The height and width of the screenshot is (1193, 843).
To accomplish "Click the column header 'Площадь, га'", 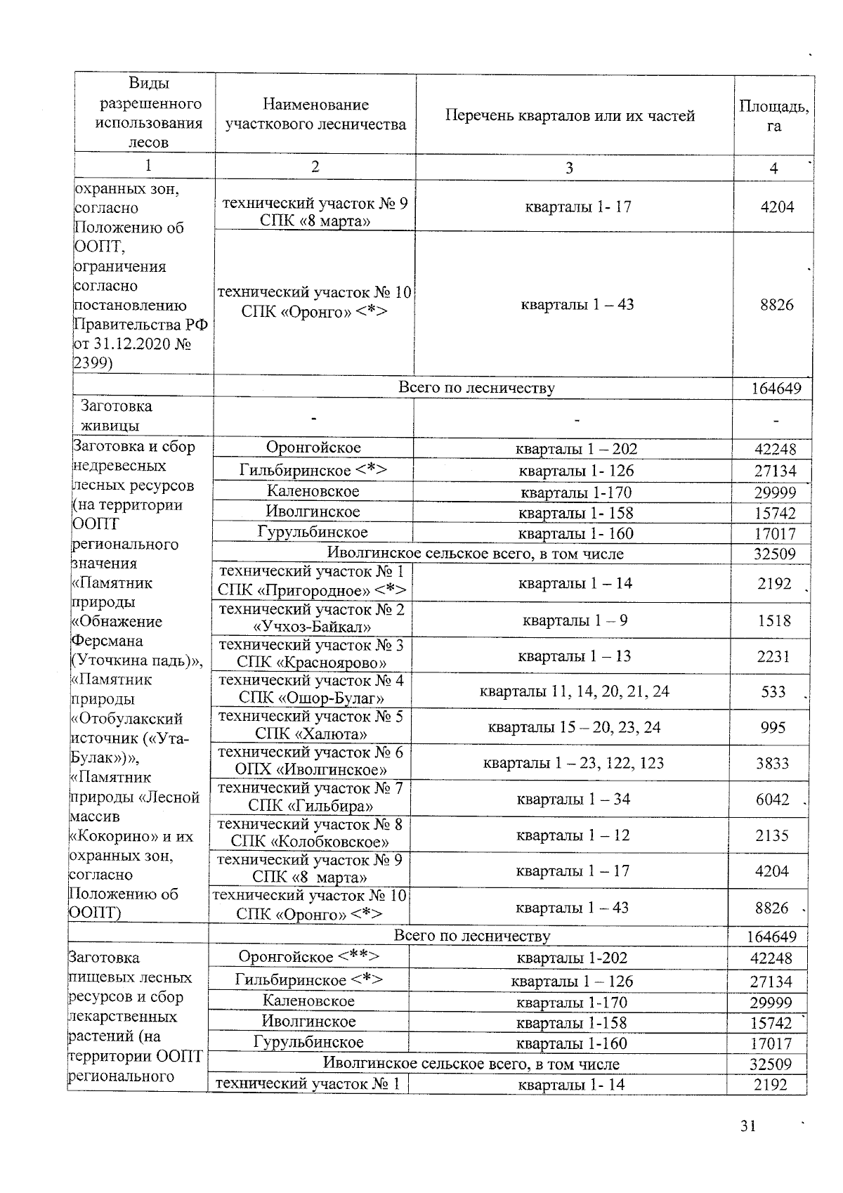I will pos(773,116).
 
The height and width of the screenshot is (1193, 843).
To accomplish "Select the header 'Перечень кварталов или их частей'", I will pos(570,116).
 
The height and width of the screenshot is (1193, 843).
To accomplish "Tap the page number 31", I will pos(747,1127).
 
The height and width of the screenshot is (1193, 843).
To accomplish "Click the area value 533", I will pos(773,692).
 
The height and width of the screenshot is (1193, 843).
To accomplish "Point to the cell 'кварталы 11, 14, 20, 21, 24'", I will pos(574,692).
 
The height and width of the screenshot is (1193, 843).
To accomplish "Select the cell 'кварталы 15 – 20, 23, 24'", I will pos(574,727).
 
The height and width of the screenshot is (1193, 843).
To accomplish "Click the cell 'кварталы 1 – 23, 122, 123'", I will pos(573,763).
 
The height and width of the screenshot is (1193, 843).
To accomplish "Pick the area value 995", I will pos(773,728).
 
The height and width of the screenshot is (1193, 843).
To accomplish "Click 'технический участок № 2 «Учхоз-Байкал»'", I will pos(311,618).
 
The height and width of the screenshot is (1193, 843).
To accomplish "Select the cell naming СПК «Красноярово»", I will pos(311,654).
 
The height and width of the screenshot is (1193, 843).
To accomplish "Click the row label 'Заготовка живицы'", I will pos(117,416).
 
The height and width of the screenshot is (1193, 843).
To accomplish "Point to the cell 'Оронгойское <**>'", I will pos(309,957).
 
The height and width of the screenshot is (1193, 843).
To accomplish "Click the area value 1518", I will pos(773,621).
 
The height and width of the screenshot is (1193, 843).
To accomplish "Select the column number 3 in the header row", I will pos(569,168).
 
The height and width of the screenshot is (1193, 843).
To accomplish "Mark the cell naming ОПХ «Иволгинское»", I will pos(311,761).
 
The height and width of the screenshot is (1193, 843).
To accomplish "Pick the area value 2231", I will pos(773,656).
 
